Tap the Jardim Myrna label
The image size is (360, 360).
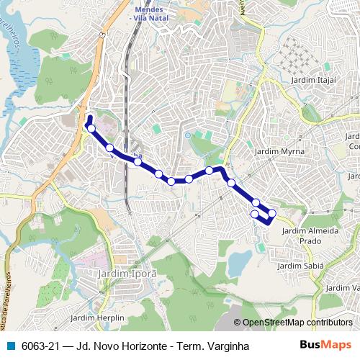tap(280, 152)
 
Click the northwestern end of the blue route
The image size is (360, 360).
tap(89, 117)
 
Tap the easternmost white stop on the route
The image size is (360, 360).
tap(272, 213)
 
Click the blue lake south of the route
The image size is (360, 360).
tap(238, 264)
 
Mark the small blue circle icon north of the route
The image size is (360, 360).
tap(187, 135)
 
